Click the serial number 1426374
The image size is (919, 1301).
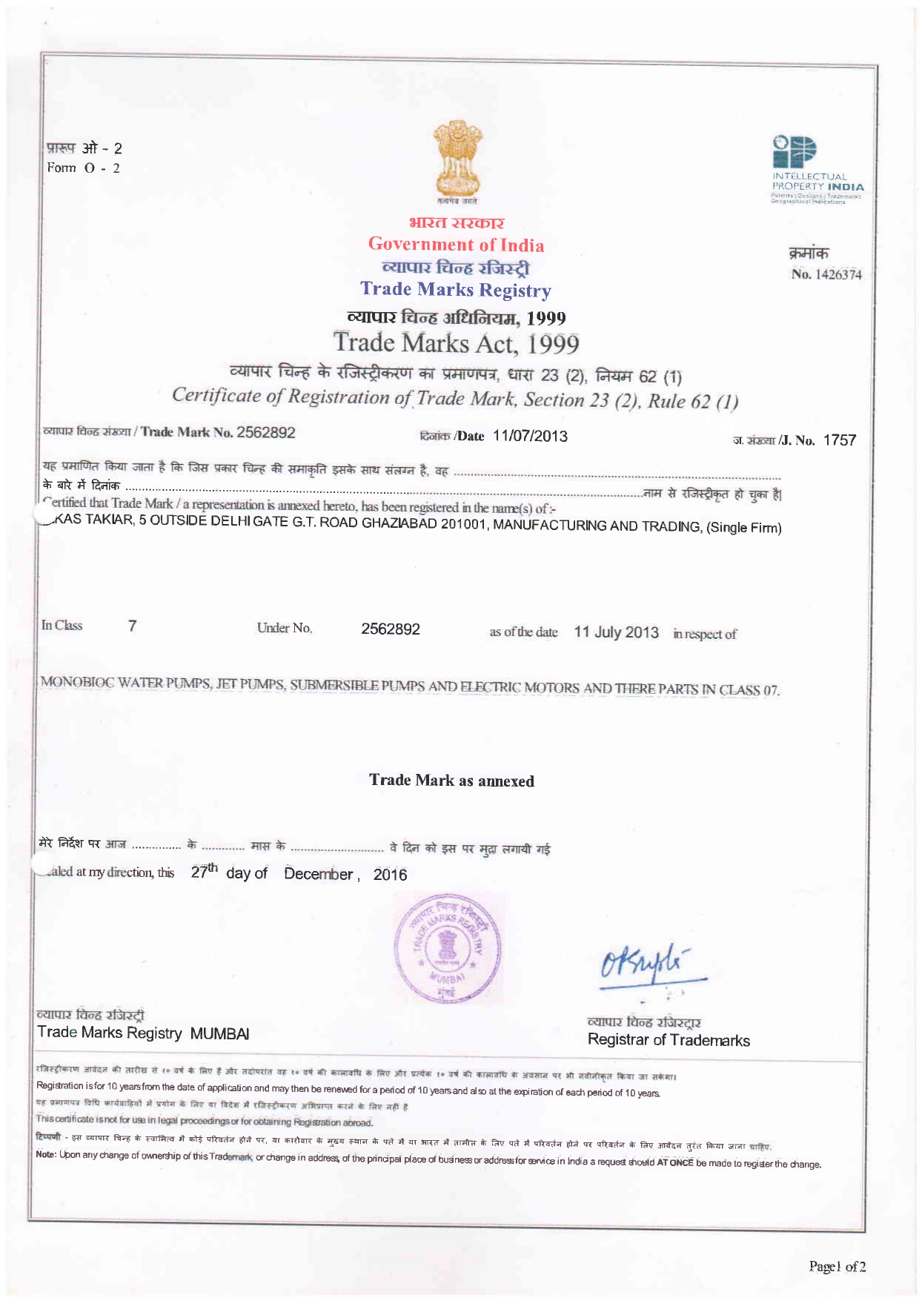(836, 275)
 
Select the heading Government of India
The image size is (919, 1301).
(456, 245)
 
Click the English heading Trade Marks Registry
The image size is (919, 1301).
(456, 290)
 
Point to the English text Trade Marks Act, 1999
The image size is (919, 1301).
(456, 343)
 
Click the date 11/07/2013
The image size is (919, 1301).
(530, 436)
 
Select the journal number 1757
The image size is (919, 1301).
(840, 440)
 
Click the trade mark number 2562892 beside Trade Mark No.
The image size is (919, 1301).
(266, 432)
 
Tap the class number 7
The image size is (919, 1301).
(132, 626)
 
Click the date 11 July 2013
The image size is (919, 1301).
(616, 632)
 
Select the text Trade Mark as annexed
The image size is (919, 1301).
(451, 781)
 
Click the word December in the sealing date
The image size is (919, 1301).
(318, 874)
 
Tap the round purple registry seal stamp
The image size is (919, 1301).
(448, 949)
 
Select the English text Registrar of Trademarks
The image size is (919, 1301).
(668, 1040)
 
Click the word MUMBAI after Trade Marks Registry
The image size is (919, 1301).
(219, 1033)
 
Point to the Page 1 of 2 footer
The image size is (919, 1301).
(837, 1267)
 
